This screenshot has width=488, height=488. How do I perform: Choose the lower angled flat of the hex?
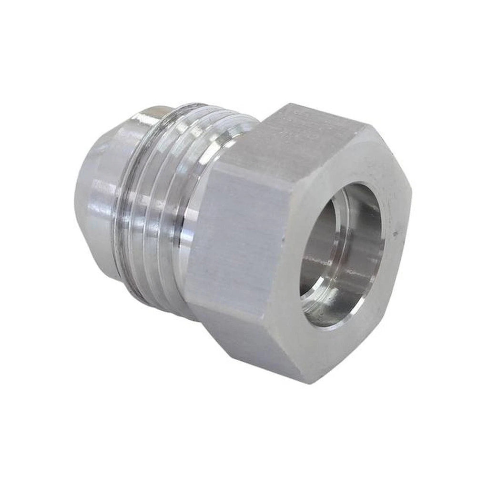(x=253, y=343)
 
